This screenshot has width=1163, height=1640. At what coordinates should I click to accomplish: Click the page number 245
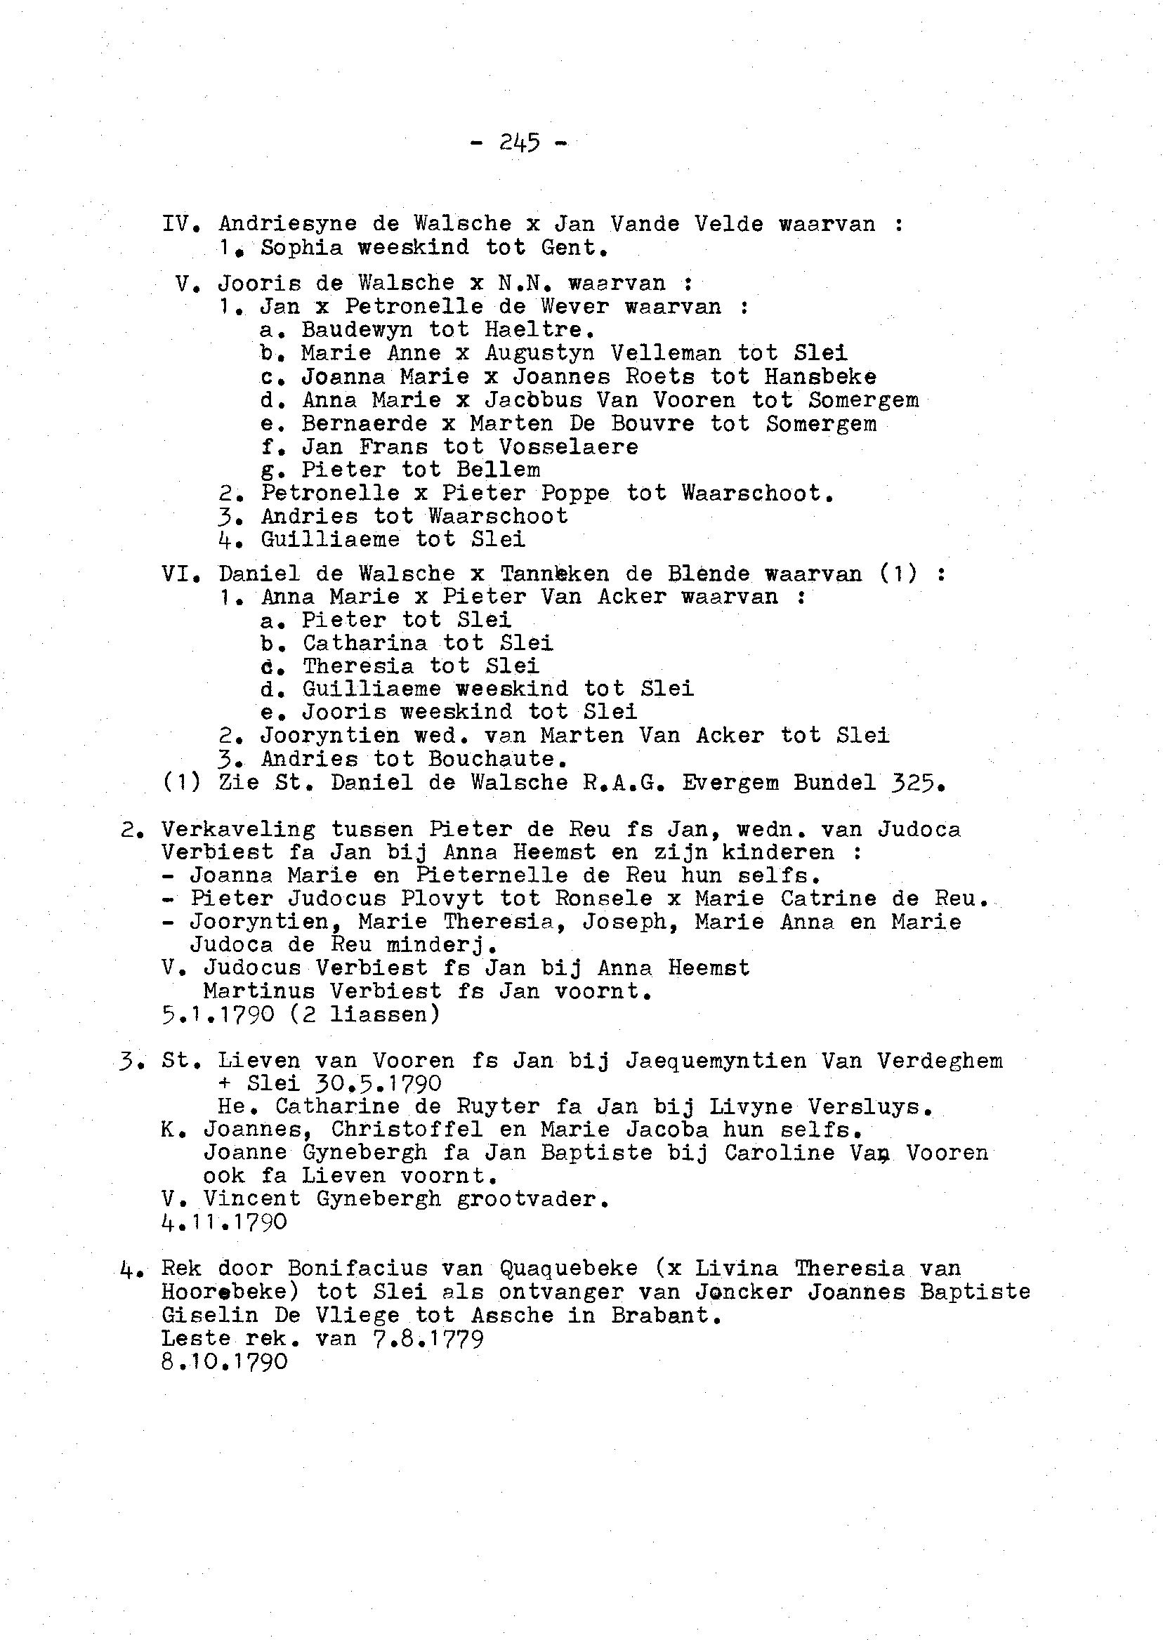coord(519,143)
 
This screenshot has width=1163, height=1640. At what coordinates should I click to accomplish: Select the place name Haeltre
coord(539,330)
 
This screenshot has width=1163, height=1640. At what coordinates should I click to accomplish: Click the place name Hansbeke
coord(820,376)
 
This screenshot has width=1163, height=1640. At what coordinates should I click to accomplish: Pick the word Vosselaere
coord(568,447)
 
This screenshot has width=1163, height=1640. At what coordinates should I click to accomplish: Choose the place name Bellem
coord(499,470)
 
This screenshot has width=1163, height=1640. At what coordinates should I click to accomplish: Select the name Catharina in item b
coord(364,643)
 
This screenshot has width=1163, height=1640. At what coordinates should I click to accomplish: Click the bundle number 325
coord(916,782)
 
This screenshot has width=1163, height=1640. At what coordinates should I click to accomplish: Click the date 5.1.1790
coord(218,1014)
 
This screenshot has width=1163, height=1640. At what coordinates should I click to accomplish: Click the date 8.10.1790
coord(225,1361)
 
